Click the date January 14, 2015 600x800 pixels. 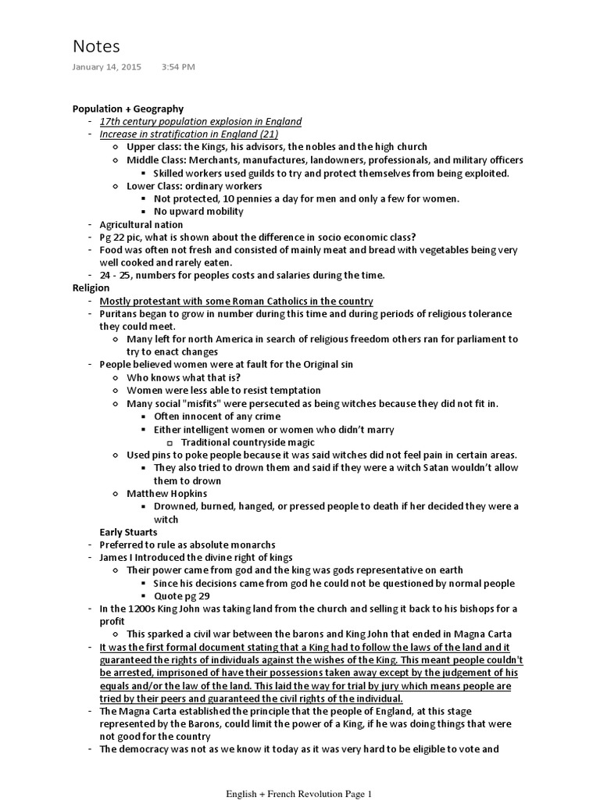click(x=107, y=67)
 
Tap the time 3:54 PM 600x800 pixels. click(x=178, y=67)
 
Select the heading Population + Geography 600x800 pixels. click(x=128, y=109)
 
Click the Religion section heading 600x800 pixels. click(x=91, y=287)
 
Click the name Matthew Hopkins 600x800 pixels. click(x=167, y=494)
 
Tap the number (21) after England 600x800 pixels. click(x=290, y=134)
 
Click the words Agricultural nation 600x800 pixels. click(x=141, y=224)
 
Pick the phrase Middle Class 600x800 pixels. click(x=156, y=160)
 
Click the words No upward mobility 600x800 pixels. click(x=198, y=211)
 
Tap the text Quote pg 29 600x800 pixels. click(x=184, y=595)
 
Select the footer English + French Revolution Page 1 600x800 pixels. click(x=299, y=794)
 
